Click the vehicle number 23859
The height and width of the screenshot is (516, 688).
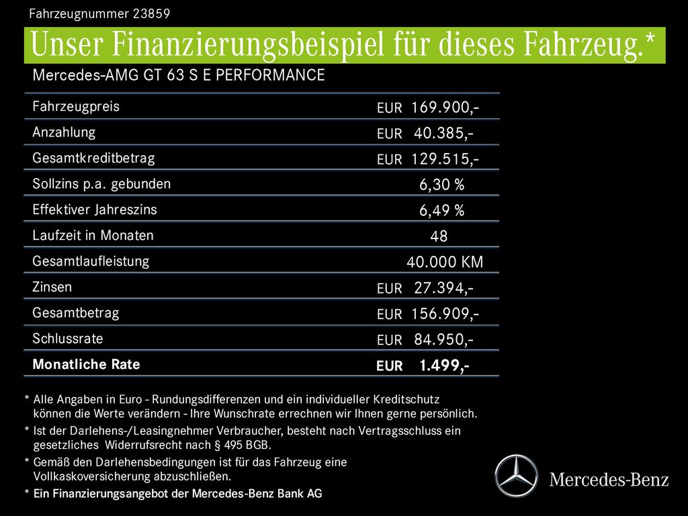point(151,13)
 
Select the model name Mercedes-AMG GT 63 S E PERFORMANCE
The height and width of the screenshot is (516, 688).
point(179,75)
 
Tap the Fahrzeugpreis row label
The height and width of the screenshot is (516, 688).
point(76,107)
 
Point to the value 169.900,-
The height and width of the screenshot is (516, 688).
point(445,107)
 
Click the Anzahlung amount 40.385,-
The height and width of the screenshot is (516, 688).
point(443,134)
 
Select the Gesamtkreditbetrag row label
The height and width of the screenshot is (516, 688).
point(93,159)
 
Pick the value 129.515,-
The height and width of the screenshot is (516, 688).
point(445,159)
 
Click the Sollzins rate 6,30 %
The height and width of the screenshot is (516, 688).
point(441,185)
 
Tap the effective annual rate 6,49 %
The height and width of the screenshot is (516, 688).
point(441,210)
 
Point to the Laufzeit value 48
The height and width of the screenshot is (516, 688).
point(439,236)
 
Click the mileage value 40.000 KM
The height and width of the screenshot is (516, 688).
point(445,262)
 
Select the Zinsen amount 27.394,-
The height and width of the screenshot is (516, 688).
point(443,288)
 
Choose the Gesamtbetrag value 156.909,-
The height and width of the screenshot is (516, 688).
point(445,314)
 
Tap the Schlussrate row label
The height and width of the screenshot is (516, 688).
point(68,339)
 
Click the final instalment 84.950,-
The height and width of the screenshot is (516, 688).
point(443,339)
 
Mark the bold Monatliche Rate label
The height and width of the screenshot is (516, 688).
point(86,364)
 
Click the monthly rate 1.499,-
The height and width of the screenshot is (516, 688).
point(444,365)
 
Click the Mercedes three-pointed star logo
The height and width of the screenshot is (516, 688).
point(517,476)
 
